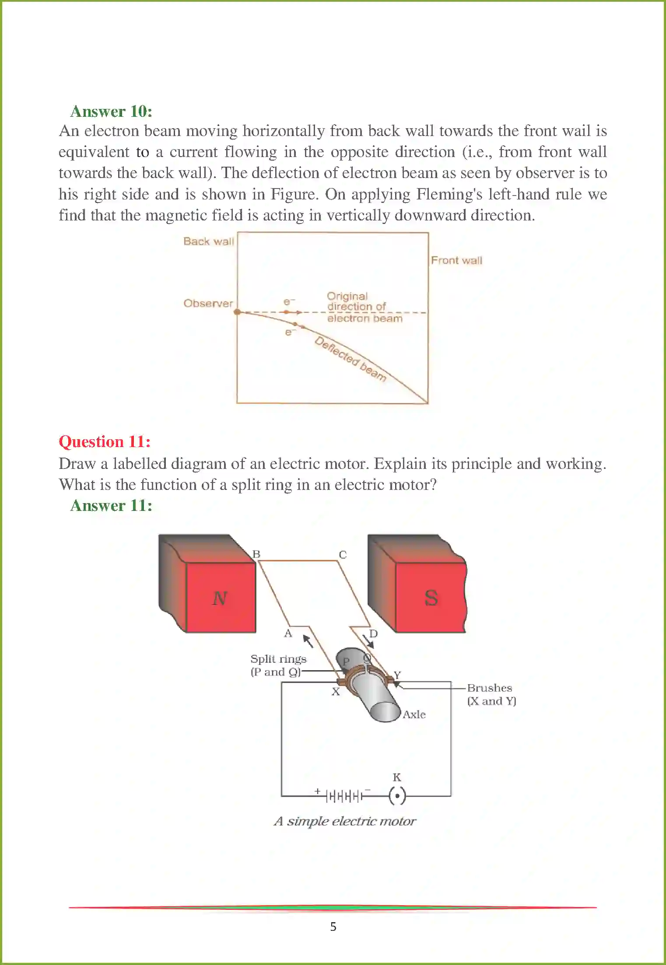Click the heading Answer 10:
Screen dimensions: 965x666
tap(111, 112)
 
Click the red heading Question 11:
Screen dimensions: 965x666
tap(105, 441)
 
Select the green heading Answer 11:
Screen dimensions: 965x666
tap(111, 506)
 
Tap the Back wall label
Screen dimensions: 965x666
tap(209, 241)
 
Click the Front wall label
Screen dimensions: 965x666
tap(456, 260)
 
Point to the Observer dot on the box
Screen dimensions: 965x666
tap(237, 312)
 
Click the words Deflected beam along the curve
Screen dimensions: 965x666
tap(351, 359)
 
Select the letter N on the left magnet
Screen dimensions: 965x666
tap(220, 598)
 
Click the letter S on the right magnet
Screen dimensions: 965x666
tap(431, 598)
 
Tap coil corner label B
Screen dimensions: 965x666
tap(256, 554)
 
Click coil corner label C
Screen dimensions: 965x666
tap(343, 555)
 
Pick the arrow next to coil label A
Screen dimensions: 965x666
tap(308, 641)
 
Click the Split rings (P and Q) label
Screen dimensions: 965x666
tap(278, 665)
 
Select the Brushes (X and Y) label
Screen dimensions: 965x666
tap(491, 694)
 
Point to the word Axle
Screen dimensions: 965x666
tap(414, 714)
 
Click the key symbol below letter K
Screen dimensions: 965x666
tap(397, 796)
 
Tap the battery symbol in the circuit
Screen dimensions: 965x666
tap(345, 796)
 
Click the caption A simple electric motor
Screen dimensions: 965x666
tap(345, 821)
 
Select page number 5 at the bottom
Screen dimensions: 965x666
tap(333, 927)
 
